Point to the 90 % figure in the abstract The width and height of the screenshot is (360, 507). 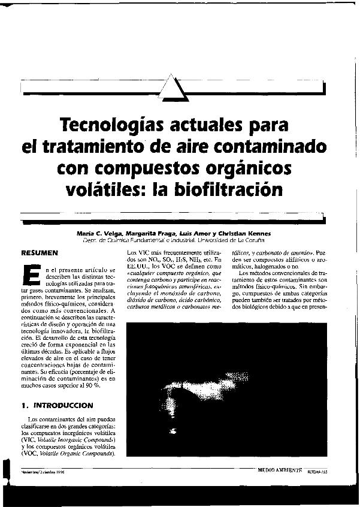92,387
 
